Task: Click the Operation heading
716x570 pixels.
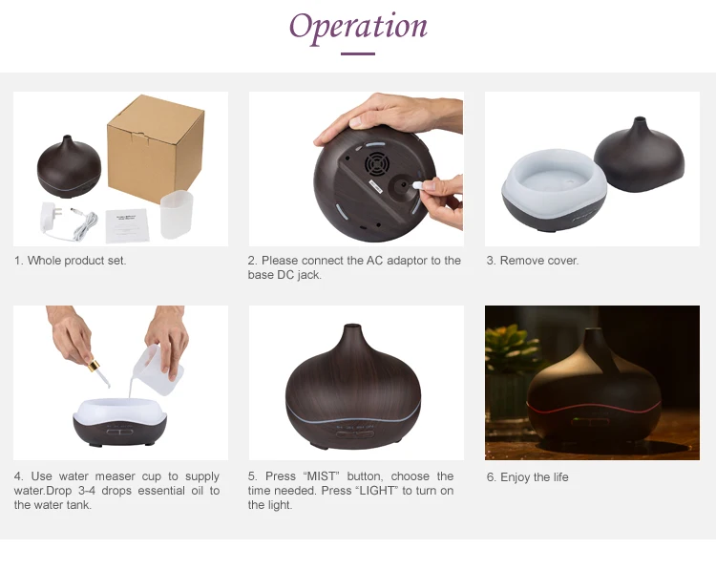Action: pos(358,28)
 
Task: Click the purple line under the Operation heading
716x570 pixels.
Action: pos(358,53)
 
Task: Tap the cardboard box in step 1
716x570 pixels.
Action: pos(156,148)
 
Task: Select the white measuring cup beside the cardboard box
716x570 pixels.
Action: pos(177,214)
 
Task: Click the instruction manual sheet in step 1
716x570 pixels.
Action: pos(127,225)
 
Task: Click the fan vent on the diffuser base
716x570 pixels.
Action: pos(376,164)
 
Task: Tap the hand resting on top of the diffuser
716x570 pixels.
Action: pos(389,116)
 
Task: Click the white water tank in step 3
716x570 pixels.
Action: pos(555,184)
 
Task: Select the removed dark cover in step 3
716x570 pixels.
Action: pos(639,155)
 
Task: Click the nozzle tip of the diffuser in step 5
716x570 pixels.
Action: pos(352,327)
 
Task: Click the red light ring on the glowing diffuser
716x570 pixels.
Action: pos(594,408)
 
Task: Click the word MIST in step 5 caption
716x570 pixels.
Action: pos(322,476)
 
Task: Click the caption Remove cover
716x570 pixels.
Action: pos(533,261)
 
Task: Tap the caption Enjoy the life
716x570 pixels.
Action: pos(527,477)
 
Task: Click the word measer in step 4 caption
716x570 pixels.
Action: pos(115,476)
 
